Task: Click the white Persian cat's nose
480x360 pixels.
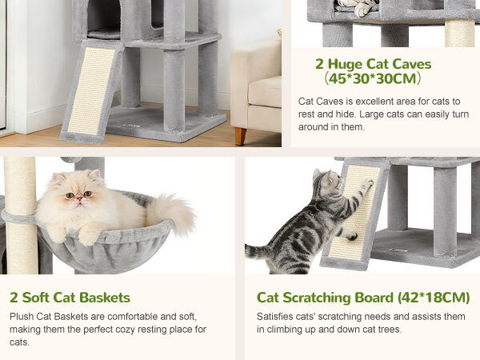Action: (79, 198)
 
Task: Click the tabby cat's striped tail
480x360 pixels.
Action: (258, 252)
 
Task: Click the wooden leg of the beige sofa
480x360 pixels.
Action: (241, 136)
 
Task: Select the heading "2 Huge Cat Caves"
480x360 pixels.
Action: (373, 64)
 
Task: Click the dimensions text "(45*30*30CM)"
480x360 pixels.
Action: (373, 78)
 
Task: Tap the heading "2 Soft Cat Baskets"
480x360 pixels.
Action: (70, 298)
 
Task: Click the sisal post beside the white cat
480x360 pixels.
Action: (21, 215)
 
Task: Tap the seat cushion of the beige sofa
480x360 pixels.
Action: (265, 91)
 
